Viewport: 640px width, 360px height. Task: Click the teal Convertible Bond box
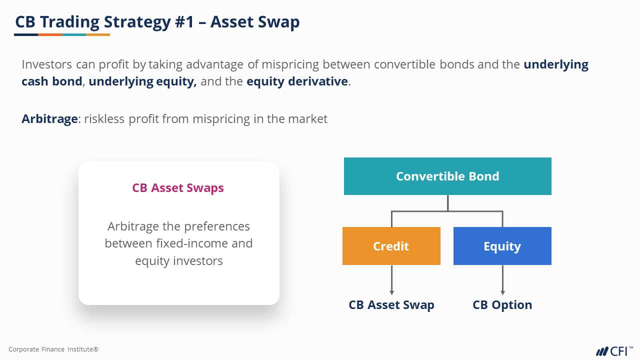coord(447,176)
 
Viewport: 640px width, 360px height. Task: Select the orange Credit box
coord(391,246)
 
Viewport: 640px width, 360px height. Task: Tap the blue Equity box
coord(502,246)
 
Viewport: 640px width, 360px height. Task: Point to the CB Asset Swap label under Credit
coord(391,305)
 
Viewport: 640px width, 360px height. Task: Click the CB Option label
coord(502,305)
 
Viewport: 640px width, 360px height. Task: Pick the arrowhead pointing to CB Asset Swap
coord(391,292)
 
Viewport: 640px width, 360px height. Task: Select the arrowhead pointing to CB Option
coord(502,292)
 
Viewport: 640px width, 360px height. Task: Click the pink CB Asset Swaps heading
coord(178,188)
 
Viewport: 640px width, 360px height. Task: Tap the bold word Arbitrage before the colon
coord(49,119)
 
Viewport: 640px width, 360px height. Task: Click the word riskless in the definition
coord(104,119)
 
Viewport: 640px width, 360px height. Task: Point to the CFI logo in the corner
coord(614,351)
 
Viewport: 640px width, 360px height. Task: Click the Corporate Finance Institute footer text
coord(53,349)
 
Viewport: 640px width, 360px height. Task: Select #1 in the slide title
coord(184,21)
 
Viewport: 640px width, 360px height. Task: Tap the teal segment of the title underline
coord(74,35)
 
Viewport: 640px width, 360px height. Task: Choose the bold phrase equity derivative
coord(297,81)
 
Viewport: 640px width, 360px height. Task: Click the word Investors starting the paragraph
coord(47,64)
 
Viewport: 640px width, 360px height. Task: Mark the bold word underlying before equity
coord(121,81)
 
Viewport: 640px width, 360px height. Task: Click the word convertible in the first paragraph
coord(404,64)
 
